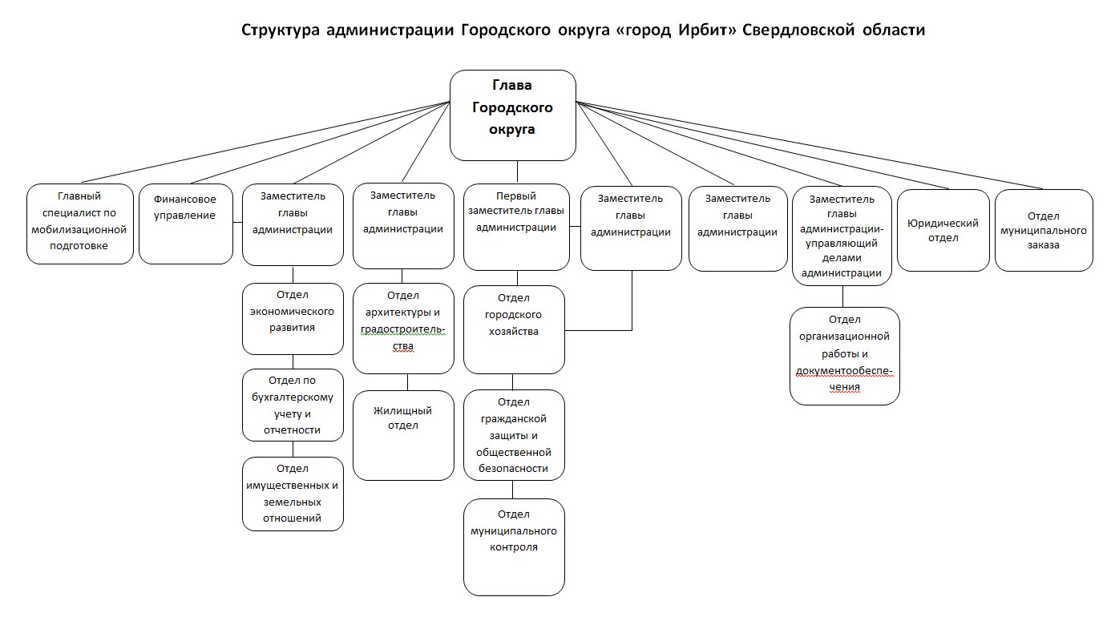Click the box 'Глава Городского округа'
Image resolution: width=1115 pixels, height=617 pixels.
click(513, 115)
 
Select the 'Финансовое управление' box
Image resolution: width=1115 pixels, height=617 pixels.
click(186, 224)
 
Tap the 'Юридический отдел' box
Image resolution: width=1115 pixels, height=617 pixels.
click(943, 231)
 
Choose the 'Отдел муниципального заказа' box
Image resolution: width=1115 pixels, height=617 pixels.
click(1044, 231)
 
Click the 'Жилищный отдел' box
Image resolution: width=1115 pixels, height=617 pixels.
click(403, 435)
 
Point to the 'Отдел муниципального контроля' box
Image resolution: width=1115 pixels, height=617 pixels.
click(514, 547)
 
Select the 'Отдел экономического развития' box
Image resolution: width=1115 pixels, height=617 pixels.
click(293, 319)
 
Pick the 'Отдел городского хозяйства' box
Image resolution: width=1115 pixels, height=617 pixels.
click(514, 329)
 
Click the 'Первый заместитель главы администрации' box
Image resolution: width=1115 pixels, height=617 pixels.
click(516, 227)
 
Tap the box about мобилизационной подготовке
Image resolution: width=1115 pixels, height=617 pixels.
click(79, 224)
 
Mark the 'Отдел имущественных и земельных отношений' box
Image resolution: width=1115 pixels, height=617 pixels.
click(293, 494)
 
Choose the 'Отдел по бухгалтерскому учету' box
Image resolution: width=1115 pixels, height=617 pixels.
click(293, 405)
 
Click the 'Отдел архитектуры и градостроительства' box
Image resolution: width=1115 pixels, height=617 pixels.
click(403, 329)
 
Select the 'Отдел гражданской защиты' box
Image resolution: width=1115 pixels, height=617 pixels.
click(514, 435)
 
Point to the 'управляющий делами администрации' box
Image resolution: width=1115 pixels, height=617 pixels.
click(842, 236)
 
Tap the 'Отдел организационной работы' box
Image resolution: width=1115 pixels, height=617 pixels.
click(844, 357)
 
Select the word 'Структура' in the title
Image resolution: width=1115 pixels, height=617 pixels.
click(281, 30)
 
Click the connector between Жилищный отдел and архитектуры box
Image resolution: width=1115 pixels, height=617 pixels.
click(408, 382)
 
